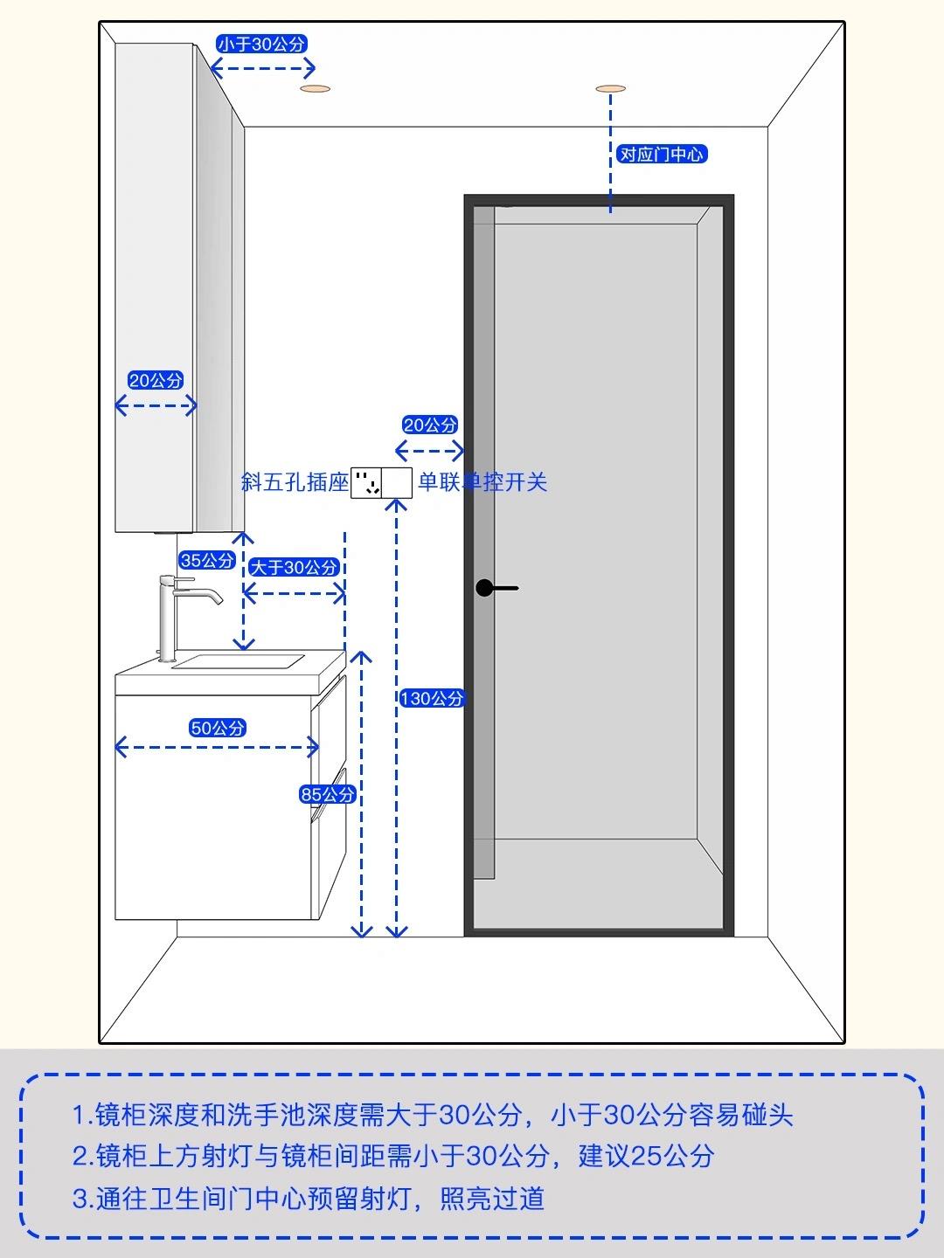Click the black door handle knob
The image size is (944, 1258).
(484, 587)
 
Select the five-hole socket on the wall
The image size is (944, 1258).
(366, 482)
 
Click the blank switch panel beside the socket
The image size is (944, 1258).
(397, 482)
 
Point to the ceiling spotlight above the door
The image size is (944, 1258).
(610, 89)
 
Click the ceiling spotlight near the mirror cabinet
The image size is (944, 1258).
(316, 89)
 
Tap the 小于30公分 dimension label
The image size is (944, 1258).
(261, 45)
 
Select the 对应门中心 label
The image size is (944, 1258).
(662, 154)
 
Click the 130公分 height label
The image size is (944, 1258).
(432, 699)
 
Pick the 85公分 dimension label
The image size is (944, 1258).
(327, 794)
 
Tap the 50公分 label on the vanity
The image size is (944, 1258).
(218, 729)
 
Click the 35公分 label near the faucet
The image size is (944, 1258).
(207, 560)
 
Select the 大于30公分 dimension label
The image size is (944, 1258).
(294, 567)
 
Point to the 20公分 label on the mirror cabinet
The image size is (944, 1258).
(156, 380)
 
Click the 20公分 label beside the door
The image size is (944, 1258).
(430, 425)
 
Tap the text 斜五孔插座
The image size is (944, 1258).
(295, 482)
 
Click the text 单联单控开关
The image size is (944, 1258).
(482, 482)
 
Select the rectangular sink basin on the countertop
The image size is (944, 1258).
(238, 661)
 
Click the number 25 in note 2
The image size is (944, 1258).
(646, 1156)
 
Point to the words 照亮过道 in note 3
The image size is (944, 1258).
(492, 1199)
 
